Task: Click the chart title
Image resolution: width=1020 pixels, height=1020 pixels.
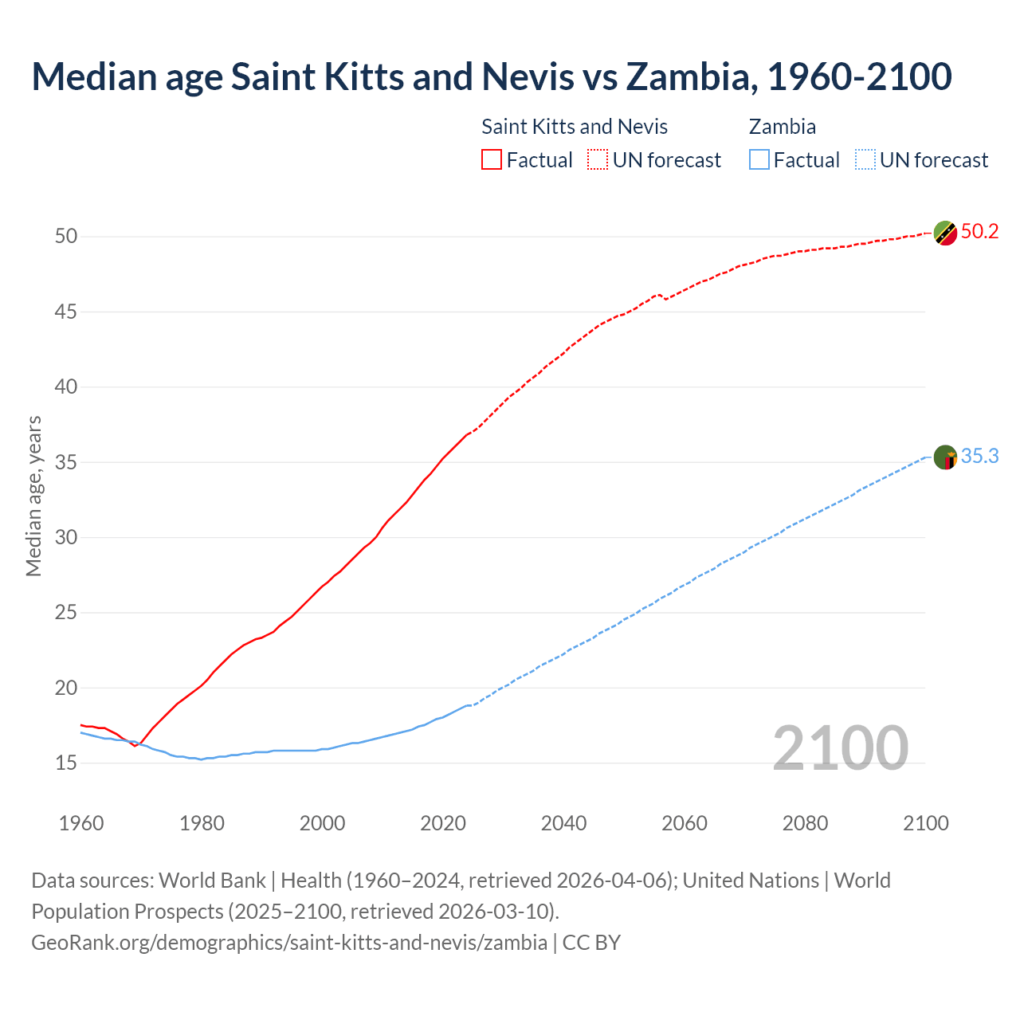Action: [x=492, y=76]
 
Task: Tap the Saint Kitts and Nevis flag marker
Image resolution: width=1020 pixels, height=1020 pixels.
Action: [x=945, y=233]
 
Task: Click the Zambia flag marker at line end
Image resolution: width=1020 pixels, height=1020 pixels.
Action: [x=945, y=457]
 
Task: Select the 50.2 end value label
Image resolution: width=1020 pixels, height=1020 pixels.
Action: [x=979, y=232]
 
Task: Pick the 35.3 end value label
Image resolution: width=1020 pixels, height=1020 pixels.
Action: [x=979, y=457]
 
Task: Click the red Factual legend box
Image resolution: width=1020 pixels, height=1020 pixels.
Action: [x=492, y=160]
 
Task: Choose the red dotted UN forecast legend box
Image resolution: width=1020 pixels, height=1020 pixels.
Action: [x=598, y=160]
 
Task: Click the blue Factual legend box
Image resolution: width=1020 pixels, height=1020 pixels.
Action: [x=759, y=160]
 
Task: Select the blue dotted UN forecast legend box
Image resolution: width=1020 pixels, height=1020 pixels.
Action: [x=865, y=160]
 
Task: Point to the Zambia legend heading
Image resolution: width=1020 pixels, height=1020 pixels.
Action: [x=782, y=127]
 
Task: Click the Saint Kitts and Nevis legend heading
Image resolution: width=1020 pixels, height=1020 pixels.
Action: [x=575, y=127]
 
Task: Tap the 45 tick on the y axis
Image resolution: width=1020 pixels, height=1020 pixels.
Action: [x=66, y=312]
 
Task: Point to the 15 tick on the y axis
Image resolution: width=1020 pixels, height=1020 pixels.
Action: [x=66, y=763]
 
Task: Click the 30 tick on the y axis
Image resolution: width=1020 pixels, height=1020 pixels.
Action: [x=66, y=538]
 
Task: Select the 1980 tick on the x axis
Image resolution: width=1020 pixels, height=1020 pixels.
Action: [x=202, y=823]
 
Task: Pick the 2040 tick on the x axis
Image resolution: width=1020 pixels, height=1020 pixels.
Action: [x=563, y=823]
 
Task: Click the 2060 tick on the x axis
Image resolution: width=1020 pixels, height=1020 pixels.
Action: [x=685, y=823]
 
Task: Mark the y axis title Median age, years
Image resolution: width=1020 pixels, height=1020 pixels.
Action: [x=33, y=496]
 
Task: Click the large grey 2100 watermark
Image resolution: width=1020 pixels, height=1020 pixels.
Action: [x=840, y=747]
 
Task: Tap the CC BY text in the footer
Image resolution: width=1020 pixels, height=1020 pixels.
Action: [x=591, y=943]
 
